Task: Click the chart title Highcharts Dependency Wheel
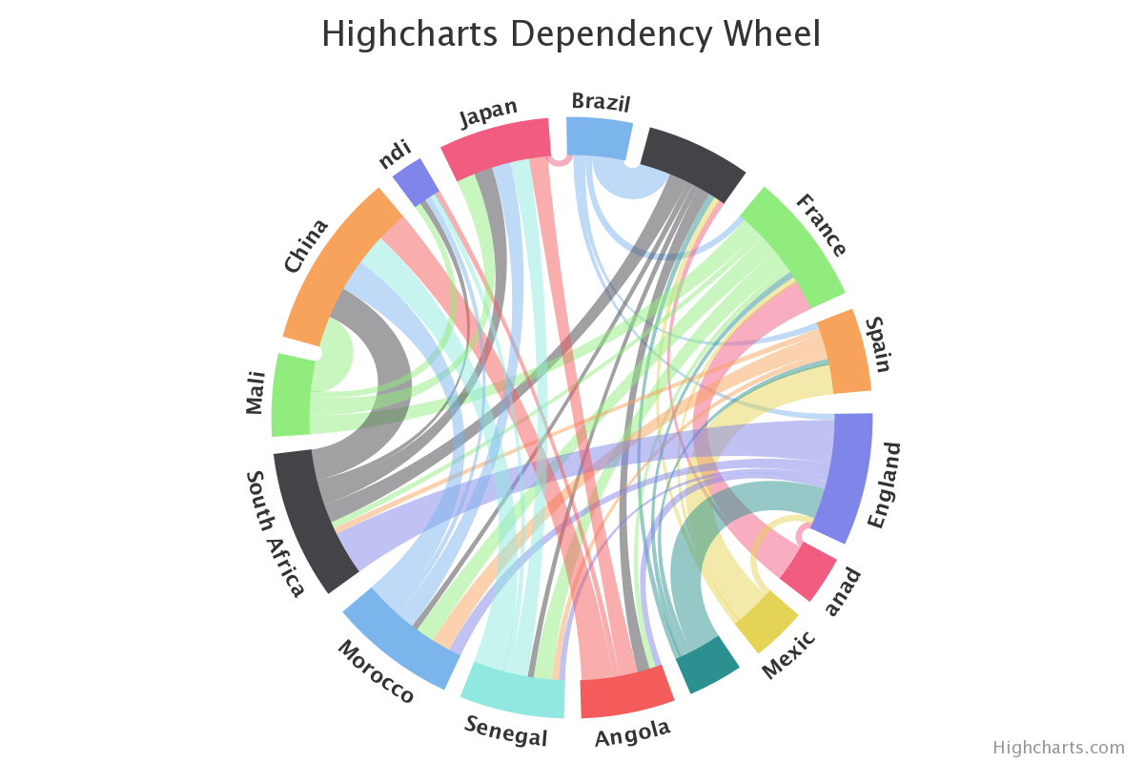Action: (x=571, y=34)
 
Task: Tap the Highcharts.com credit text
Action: (x=1058, y=748)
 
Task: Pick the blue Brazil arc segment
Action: (x=599, y=137)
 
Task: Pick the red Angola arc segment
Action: (x=623, y=692)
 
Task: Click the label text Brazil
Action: (x=601, y=102)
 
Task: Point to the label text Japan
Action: (x=488, y=112)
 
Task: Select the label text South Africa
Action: (x=276, y=534)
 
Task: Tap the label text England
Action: (x=885, y=485)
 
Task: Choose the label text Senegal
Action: (x=506, y=732)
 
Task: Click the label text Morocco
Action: (x=376, y=671)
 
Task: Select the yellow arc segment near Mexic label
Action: (x=766, y=621)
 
